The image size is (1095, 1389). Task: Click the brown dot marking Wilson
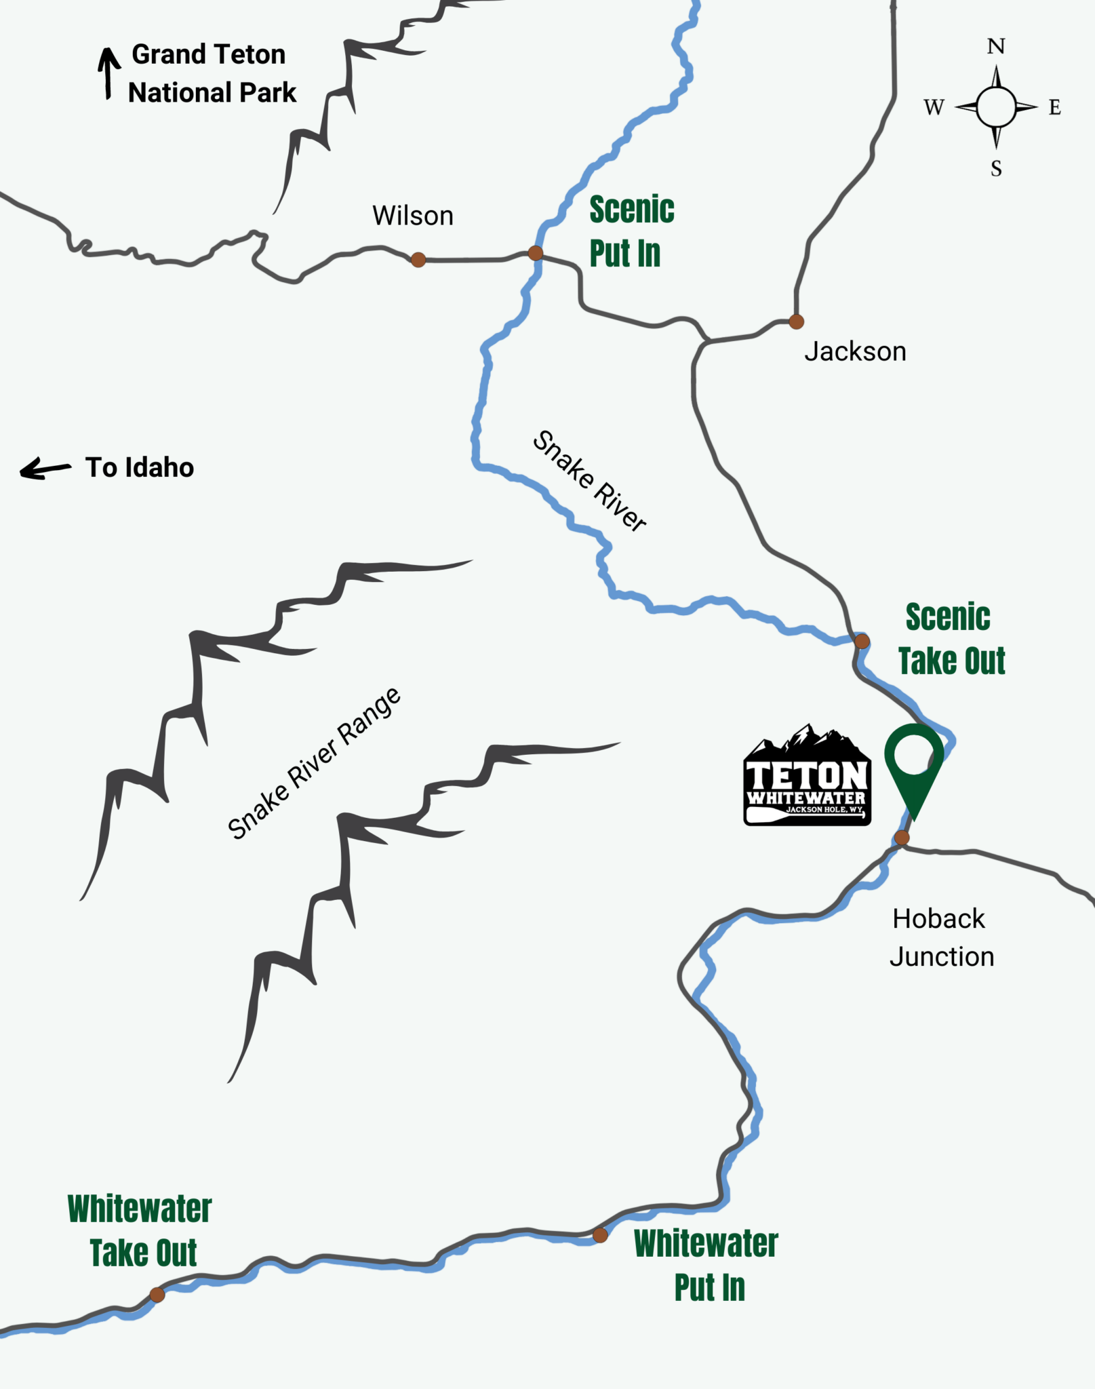[418, 259]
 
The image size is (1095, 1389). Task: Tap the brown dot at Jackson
[797, 321]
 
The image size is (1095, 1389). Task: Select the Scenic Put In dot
[535, 254]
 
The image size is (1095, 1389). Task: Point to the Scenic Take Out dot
[862, 641]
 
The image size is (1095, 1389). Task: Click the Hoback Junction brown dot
[902, 838]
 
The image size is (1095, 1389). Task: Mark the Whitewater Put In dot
[600, 1235]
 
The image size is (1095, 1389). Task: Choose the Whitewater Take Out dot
[157, 1295]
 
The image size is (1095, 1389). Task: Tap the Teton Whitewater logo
[807, 777]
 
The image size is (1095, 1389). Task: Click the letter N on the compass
[996, 47]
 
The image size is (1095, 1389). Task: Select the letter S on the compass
[996, 168]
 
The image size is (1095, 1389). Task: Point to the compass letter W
[934, 107]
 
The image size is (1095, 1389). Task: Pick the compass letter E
[1055, 107]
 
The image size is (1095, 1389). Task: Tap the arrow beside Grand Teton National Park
[108, 73]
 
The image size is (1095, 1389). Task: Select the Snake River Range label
[314, 764]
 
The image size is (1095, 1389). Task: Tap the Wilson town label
[412, 216]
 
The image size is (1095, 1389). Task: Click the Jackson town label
[855, 351]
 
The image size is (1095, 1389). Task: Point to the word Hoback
[938, 918]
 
